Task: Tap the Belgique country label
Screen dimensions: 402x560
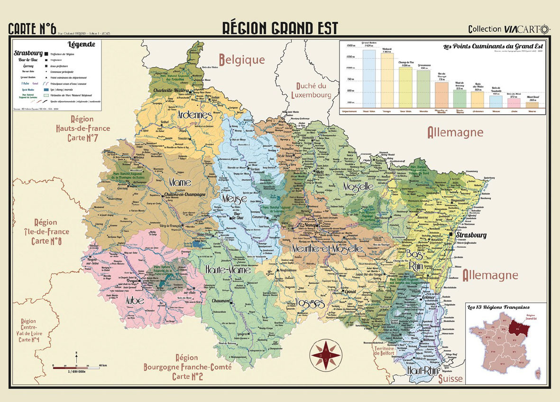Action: coord(241,59)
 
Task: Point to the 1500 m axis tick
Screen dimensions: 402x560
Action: coord(351,46)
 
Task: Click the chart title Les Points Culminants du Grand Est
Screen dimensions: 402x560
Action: coord(492,47)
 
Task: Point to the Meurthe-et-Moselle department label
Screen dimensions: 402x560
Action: coord(327,249)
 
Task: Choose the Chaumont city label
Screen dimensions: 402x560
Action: coord(217,301)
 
